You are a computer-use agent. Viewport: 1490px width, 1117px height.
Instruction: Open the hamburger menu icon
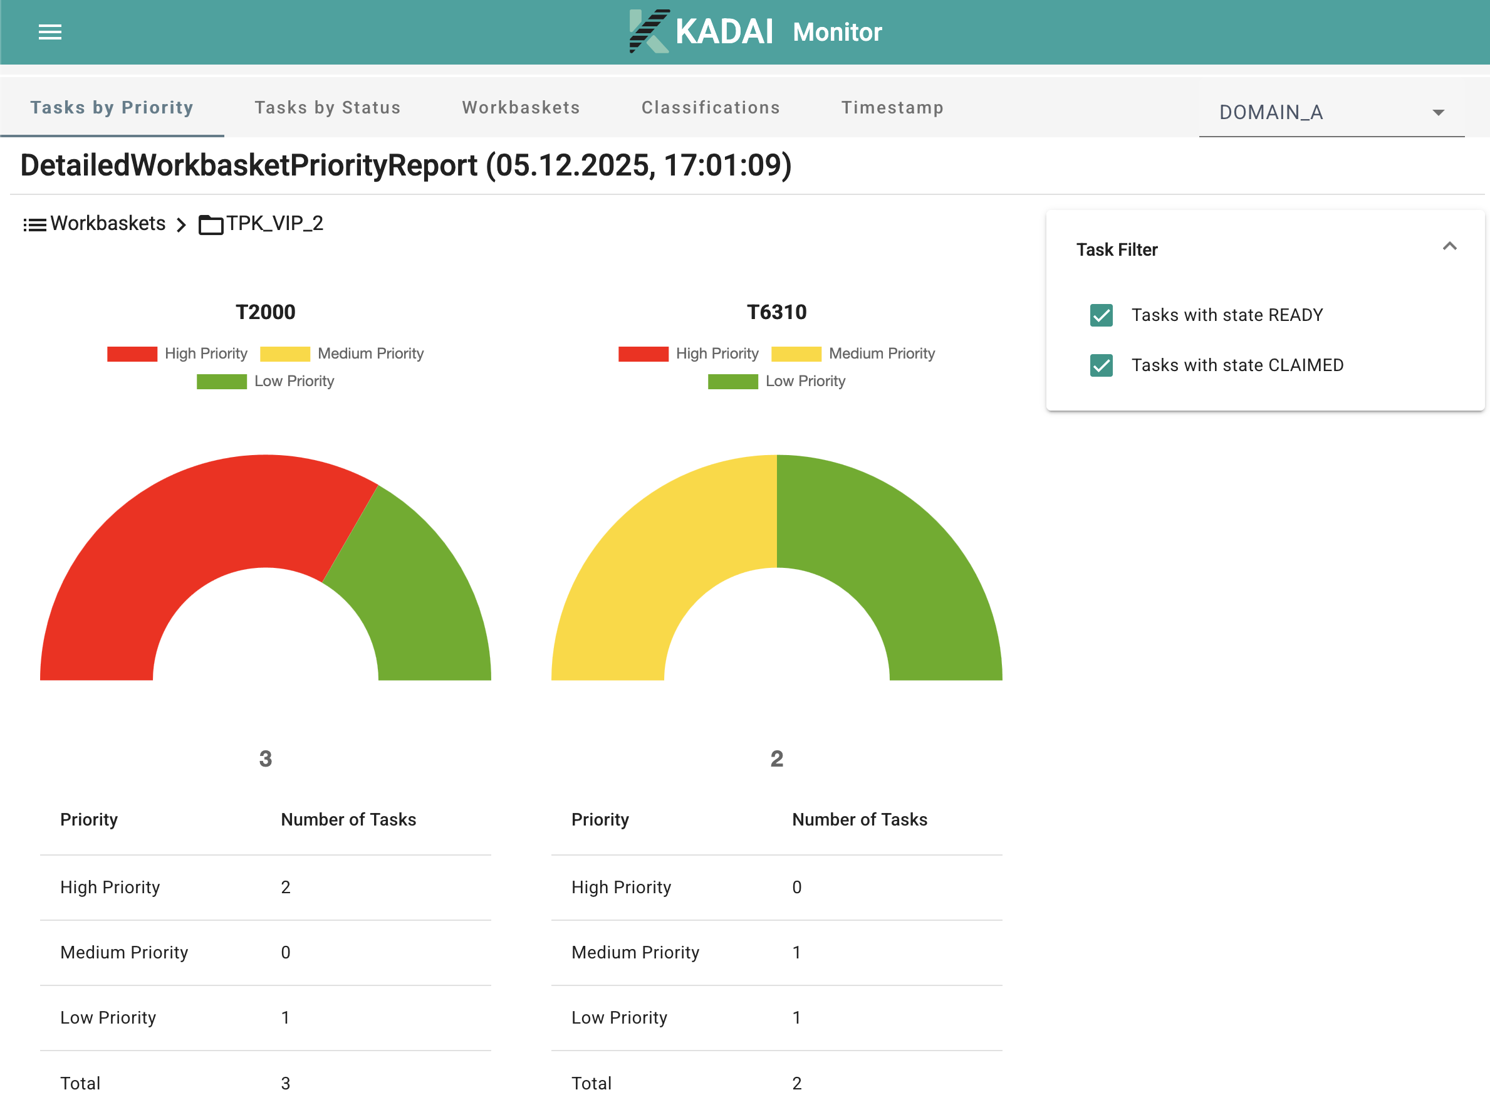tap(50, 32)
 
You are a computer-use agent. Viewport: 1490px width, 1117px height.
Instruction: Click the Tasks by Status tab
tap(327, 108)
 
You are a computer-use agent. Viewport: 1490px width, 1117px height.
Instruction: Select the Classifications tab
tap(710, 108)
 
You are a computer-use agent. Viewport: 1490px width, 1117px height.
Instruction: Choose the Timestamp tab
tap(892, 108)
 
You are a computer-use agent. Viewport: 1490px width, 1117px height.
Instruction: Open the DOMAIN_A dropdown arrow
tap(1437, 112)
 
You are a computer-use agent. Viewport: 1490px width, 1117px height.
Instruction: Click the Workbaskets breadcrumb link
tap(108, 224)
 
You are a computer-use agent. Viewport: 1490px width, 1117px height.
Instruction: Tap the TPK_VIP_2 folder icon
tap(211, 224)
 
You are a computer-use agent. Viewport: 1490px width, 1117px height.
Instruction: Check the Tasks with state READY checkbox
tap(1101, 315)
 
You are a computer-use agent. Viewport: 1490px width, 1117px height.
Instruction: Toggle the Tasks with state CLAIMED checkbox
tap(1101, 365)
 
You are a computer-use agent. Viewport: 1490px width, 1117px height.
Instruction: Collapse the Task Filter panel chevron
tap(1449, 246)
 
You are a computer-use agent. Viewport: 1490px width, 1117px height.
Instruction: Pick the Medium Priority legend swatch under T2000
tap(284, 354)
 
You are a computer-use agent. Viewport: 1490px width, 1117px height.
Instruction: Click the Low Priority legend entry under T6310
tap(805, 381)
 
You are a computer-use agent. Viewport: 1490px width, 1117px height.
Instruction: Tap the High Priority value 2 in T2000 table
tap(286, 887)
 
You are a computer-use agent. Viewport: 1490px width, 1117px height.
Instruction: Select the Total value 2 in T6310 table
tap(796, 1083)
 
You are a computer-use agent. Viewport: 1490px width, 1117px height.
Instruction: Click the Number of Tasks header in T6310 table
tap(859, 819)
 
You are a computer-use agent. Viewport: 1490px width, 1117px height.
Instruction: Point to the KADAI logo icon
tap(648, 31)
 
